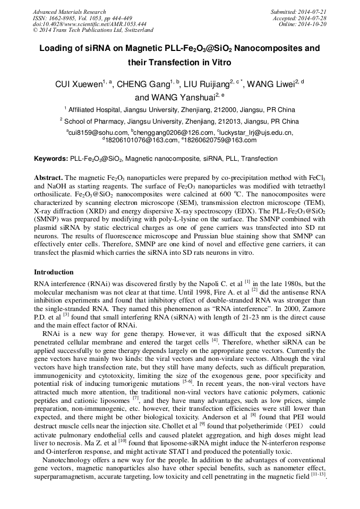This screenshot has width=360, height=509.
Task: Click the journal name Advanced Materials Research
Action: tap(69, 12)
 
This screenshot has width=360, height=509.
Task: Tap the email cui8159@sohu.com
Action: tap(98, 133)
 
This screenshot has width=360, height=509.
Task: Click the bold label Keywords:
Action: tap(51, 159)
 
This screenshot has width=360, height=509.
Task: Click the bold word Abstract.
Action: tap(49, 177)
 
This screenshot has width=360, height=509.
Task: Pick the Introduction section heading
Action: tap(54, 272)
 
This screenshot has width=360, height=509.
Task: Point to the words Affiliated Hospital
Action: tap(97, 110)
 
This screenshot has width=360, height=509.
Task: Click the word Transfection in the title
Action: tap(175, 62)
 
